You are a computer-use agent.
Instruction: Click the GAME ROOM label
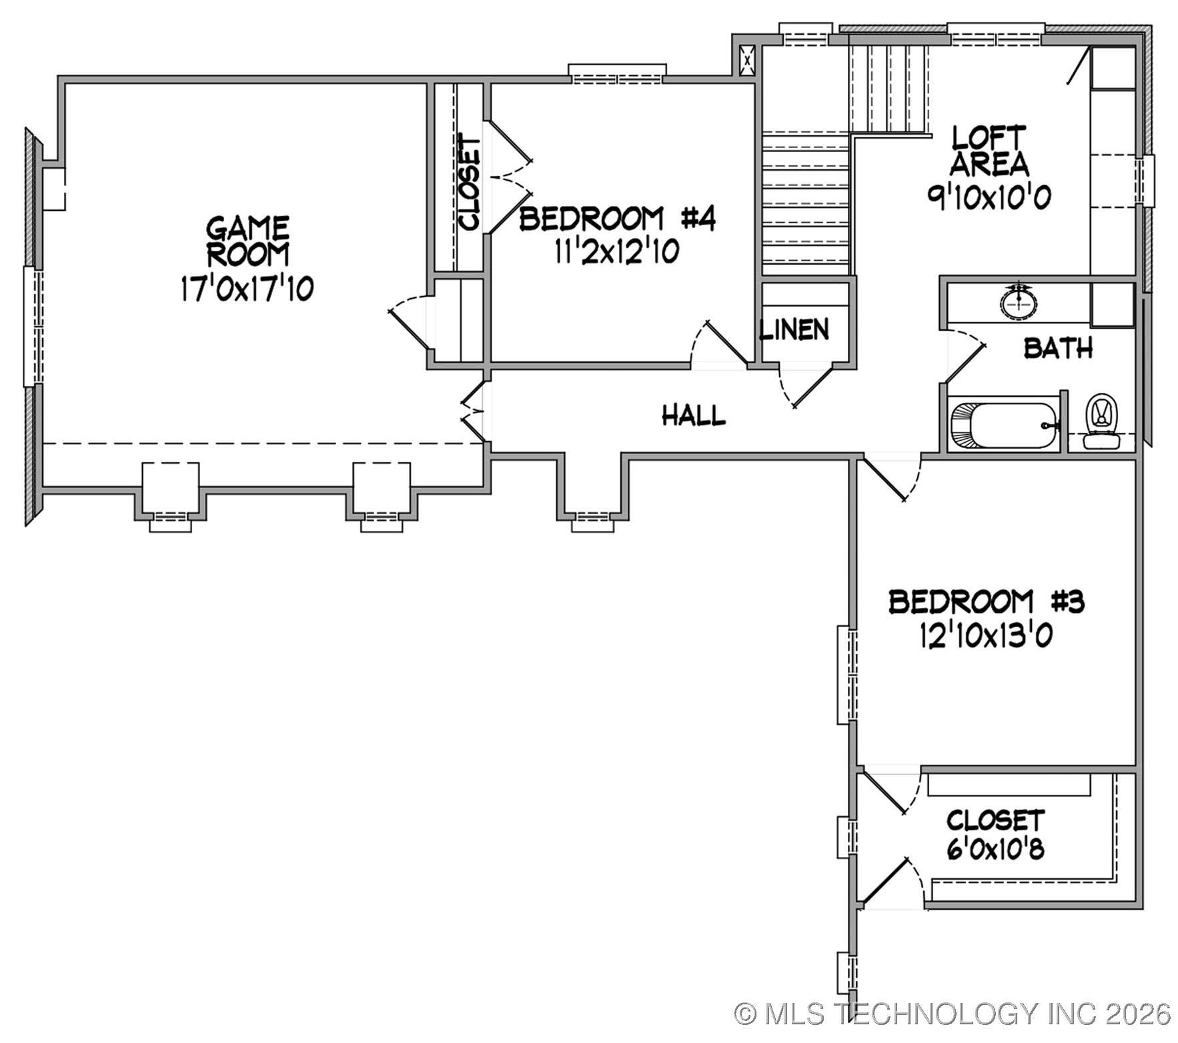click(247, 241)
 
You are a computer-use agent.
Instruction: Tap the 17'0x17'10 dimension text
click(247, 289)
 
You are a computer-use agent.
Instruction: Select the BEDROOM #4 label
click(618, 219)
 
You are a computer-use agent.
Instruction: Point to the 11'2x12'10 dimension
click(616, 252)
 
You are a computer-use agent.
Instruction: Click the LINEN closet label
click(794, 329)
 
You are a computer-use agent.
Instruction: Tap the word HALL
click(694, 415)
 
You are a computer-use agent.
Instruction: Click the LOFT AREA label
click(989, 151)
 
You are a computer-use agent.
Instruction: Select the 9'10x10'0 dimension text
click(989, 197)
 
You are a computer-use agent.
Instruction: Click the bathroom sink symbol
click(1019, 301)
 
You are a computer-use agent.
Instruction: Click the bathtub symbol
click(1004, 425)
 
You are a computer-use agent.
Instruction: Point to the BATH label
click(1058, 348)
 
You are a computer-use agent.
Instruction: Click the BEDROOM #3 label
click(987, 602)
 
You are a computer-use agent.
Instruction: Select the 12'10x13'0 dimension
click(987, 636)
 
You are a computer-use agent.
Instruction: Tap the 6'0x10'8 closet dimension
click(995, 850)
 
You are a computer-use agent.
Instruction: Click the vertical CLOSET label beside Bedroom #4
click(470, 185)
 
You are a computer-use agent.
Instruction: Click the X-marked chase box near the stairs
click(747, 60)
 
